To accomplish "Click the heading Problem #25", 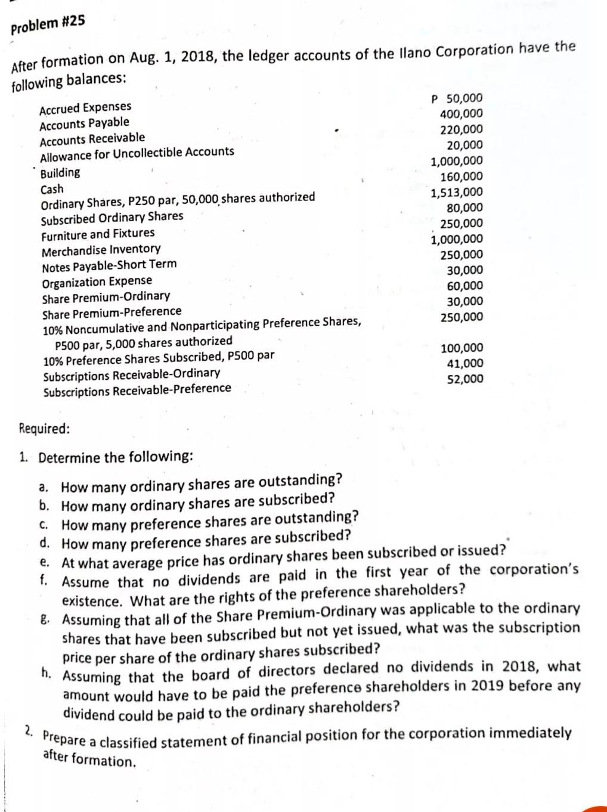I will pyautogui.click(x=48, y=25).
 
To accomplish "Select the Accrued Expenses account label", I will pyautogui.click(x=85, y=108).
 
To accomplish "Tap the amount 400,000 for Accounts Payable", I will pyautogui.click(x=461, y=114).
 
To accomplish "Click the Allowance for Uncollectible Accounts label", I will pyautogui.click(x=137, y=154).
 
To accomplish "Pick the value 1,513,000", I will pyautogui.click(x=457, y=192).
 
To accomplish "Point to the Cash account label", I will pyautogui.click(x=52, y=190).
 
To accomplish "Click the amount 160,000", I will pyautogui.click(x=461, y=176).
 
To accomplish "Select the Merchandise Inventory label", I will pyautogui.click(x=101, y=249).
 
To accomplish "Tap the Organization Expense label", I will pyautogui.click(x=97, y=281).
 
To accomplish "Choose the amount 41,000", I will pyautogui.click(x=465, y=364).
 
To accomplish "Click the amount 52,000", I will pyautogui.click(x=465, y=379).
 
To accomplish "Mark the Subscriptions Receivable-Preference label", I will pyautogui.click(x=137, y=390).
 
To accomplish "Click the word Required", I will pyautogui.click(x=44, y=429).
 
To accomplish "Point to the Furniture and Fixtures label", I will pyautogui.click(x=98, y=234).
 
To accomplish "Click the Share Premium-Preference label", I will pyautogui.click(x=112, y=312).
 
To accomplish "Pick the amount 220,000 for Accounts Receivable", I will pyautogui.click(x=461, y=129).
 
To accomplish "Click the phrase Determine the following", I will pyautogui.click(x=115, y=457).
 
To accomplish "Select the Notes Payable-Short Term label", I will pyautogui.click(x=109, y=265).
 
